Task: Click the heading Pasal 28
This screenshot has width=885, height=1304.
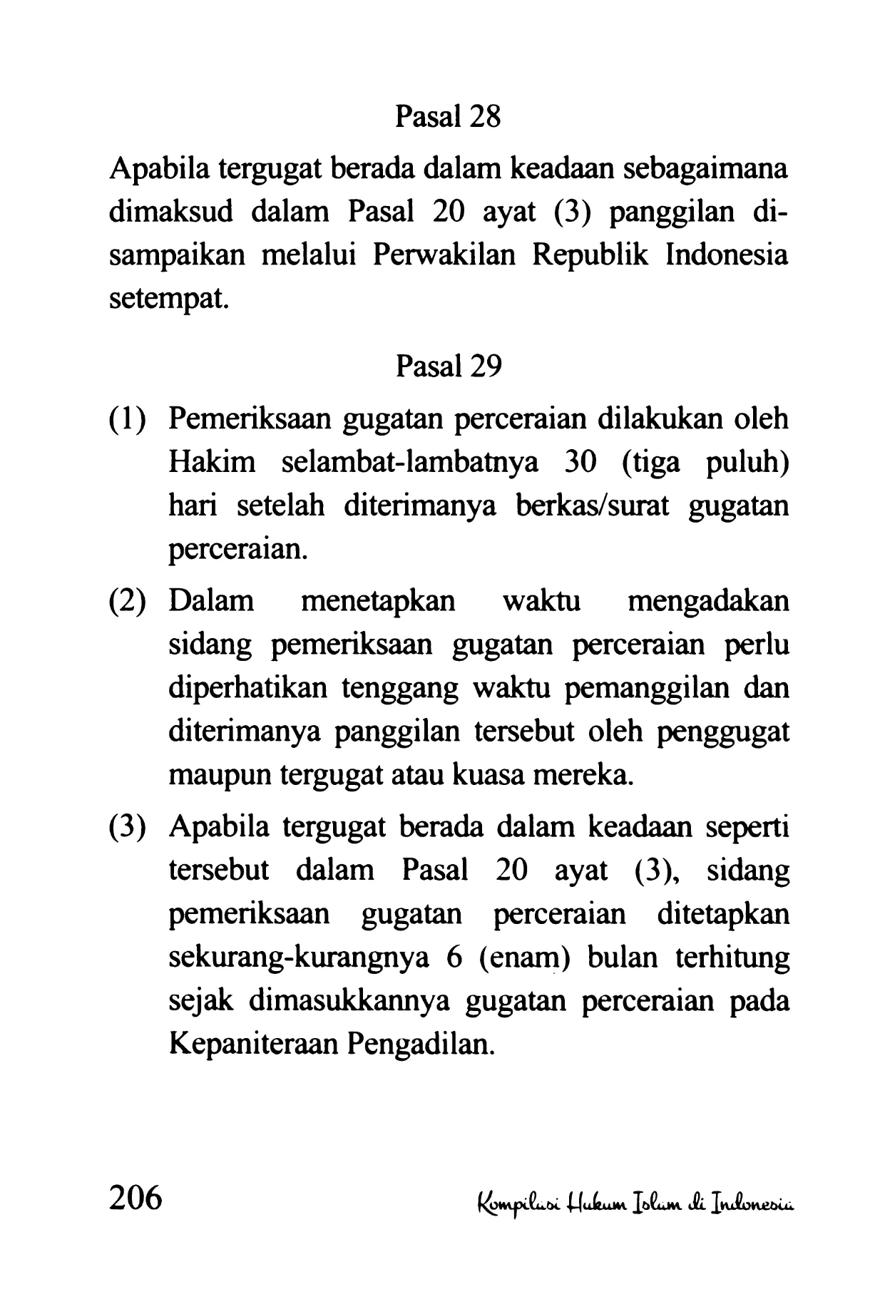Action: tap(448, 117)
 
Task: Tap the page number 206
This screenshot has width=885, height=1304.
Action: tap(135, 1198)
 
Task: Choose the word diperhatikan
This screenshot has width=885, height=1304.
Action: tap(249, 689)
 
